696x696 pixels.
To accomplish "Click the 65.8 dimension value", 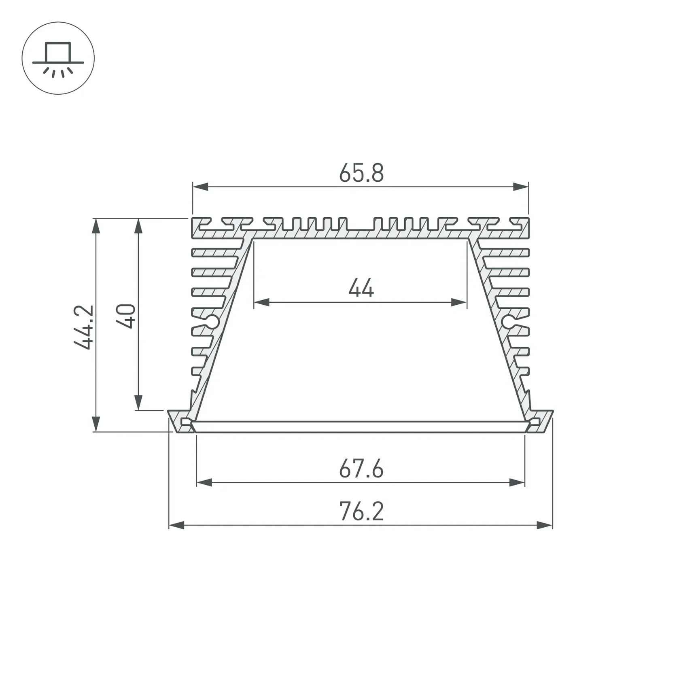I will pos(361,173).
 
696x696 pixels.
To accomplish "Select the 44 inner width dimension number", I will pos(361,289).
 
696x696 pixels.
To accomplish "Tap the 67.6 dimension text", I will pos(361,469).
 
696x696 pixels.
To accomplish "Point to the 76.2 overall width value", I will pos(361,511).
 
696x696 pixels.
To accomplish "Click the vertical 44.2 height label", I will pos(84,327).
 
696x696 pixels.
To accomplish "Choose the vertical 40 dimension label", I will pos(126,316).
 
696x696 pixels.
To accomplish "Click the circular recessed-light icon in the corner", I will pos(58,58).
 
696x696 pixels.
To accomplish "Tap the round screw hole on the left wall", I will pos(212,322).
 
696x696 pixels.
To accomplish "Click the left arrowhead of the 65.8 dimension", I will pos(200,187).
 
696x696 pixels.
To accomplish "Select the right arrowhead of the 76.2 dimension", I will pos(544,525).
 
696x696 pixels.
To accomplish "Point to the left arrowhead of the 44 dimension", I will pos(262,302).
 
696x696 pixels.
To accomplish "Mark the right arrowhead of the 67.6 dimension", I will pos(517,482).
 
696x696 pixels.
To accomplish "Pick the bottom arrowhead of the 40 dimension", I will pos(138,403).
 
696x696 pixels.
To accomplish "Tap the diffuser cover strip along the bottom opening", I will pos(360,427).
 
